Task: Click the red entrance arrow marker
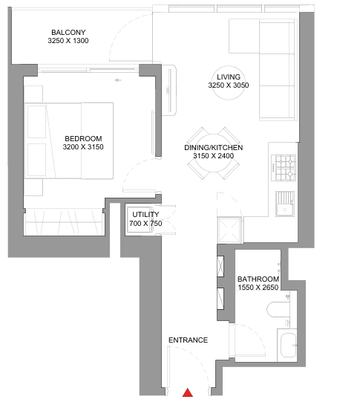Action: coord(188,392)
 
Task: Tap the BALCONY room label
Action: coord(68,32)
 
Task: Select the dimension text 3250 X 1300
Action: coord(68,41)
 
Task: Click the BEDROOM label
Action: coord(83,138)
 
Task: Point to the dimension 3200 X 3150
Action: coord(83,146)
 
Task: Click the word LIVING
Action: coord(229,77)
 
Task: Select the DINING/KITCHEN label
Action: coord(214,147)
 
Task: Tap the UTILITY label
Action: coord(145,214)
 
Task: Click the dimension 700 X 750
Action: coord(145,223)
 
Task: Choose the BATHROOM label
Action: coord(258,279)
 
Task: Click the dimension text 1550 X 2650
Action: coord(258,288)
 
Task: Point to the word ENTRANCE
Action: coord(188,340)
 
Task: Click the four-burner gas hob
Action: coord(284,168)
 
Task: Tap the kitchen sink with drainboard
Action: coord(284,204)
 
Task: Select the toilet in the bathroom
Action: coord(278,309)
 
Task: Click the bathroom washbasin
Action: coord(288,345)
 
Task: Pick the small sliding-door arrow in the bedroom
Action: coord(118,80)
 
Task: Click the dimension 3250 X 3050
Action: coord(229,85)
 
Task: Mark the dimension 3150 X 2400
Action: coord(214,156)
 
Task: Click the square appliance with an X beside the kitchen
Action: coord(229,230)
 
